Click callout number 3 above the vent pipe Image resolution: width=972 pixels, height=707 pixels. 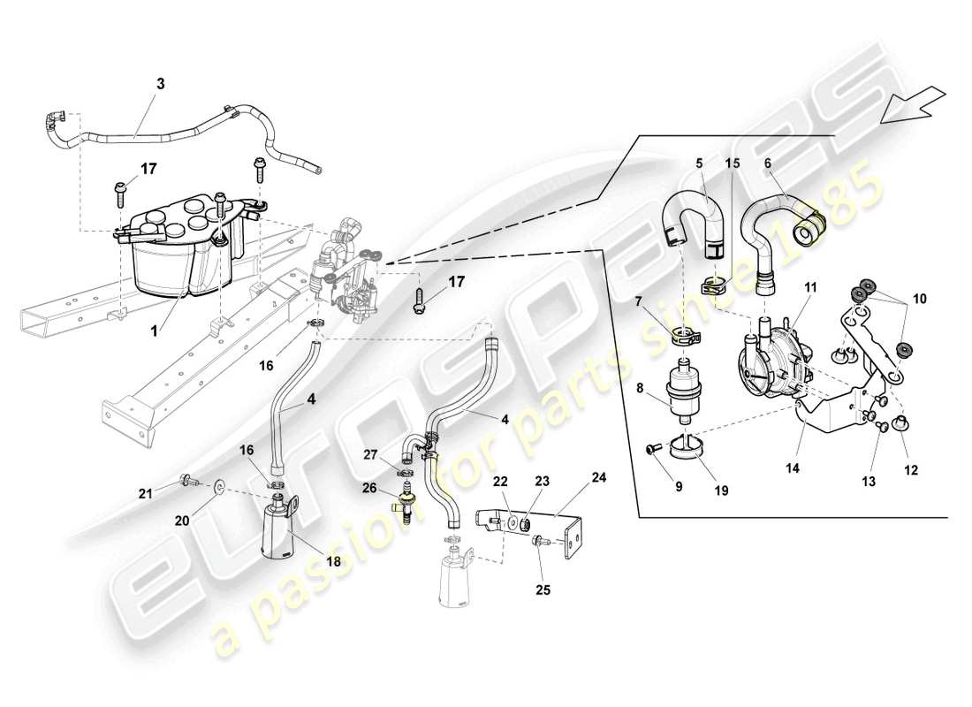click(x=160, y=84)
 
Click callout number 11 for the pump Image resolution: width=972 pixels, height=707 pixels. click(x=810, y=287)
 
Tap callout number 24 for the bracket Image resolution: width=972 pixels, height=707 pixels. click(x=600, y=476)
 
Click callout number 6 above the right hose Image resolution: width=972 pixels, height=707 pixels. click(x=767, y=163)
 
